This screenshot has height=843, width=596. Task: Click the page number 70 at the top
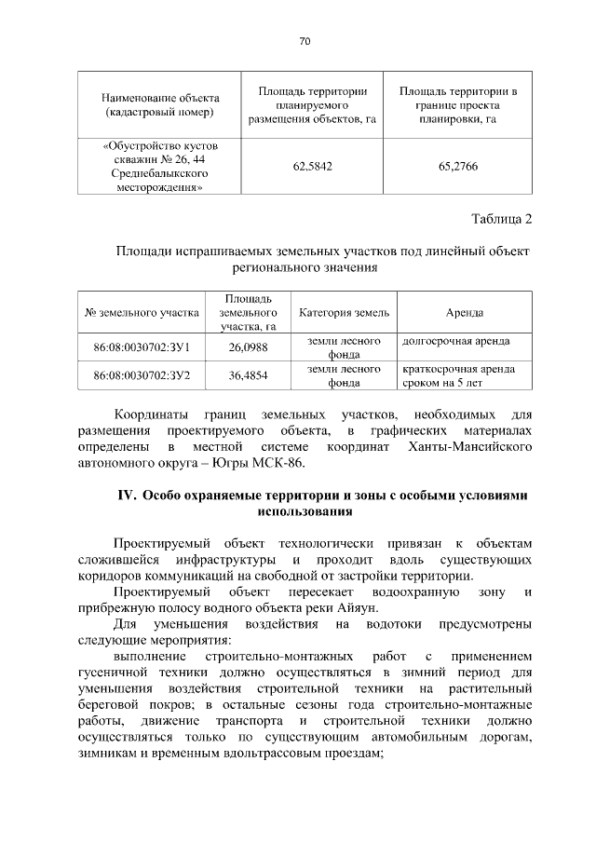305,41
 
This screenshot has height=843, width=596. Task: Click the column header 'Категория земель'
344,312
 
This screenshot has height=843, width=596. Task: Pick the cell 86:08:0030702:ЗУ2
142,375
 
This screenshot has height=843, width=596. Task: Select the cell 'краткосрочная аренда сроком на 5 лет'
456,375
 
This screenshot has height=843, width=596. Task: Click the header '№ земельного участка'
142,312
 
